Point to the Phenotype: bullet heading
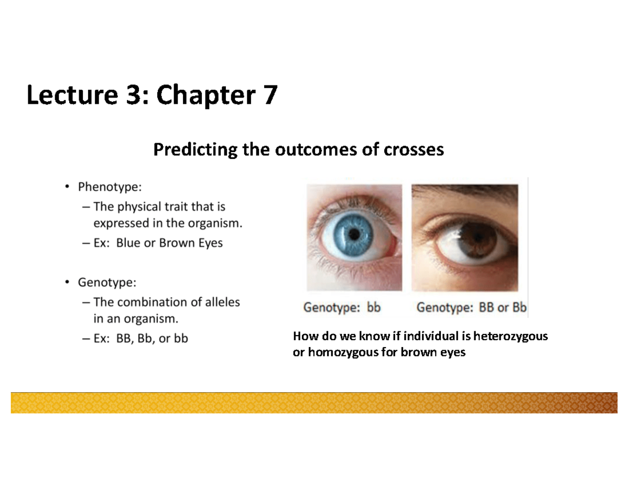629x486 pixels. [x=110, y=187]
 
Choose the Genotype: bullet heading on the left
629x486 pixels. [x=107, y=283]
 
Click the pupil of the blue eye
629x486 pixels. [x=354, y=232]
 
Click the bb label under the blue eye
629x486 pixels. [x=373, y=308]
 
